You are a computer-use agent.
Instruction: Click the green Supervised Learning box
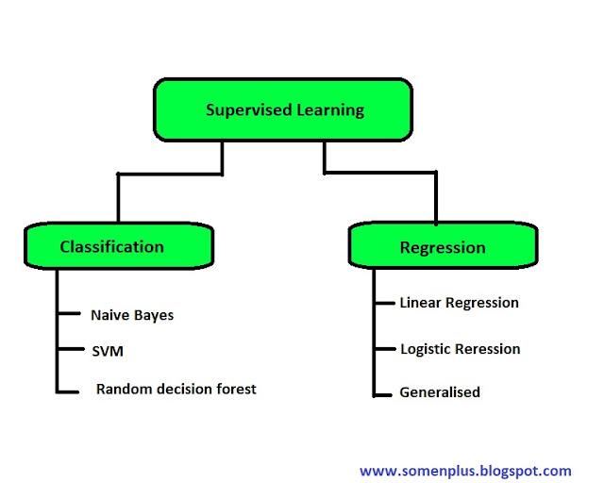click(x=284, y=109)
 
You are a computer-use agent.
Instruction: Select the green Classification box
click(x=111, y=246)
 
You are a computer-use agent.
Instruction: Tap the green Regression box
click(x=443, y=247)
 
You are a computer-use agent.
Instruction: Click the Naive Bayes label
click(x=132, y=314)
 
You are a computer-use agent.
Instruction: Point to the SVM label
click(x=107, y=351)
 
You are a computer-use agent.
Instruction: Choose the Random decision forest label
click(x=176, y=389)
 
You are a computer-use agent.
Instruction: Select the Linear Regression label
click(x=459, y=303)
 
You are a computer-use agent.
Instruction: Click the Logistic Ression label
click(x=460, y=349)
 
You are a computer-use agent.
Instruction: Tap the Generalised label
click(x=440, y=391)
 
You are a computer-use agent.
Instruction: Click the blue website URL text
click(x=465, y=470)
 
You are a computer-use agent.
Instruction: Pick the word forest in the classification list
click(x=234, y=389)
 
